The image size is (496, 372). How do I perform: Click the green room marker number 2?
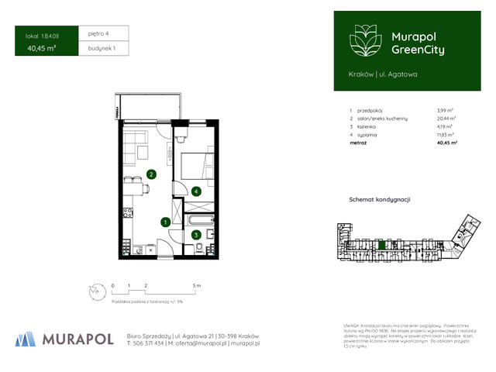152,174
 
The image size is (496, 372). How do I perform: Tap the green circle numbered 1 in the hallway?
165,222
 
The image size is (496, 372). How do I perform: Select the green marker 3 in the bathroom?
196,235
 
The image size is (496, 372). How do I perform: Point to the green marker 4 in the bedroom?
197,191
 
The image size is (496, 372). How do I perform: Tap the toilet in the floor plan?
199,248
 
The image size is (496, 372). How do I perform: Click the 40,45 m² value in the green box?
41,48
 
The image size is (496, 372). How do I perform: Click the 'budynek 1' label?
102,48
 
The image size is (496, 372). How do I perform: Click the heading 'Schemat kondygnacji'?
380,199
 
